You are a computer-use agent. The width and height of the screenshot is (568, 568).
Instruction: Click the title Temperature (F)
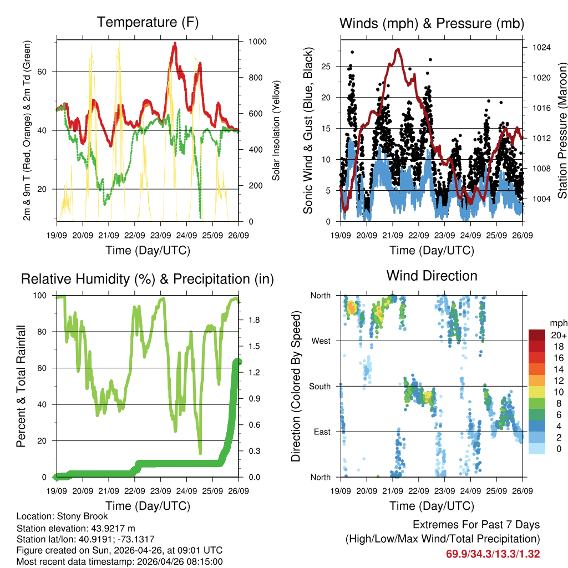pos(148,23)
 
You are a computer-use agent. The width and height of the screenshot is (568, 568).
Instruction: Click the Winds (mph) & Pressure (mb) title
pos(432,23)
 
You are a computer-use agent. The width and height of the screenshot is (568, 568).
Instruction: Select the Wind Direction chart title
pos(432,276)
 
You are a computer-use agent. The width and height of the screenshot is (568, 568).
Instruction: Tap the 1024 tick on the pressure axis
pos(540,48)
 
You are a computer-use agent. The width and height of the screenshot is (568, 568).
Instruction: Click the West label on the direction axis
pos(320,341)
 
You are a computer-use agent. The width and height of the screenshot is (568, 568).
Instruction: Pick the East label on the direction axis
pos(321,432)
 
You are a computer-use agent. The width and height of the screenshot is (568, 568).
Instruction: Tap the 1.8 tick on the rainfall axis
pos(253,320)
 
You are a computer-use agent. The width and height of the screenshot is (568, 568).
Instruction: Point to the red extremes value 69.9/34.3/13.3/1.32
pos(493,554)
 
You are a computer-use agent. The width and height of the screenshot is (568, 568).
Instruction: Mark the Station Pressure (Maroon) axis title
pos(561,130)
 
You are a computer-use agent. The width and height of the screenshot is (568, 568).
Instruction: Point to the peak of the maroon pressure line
pos(398,49)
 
